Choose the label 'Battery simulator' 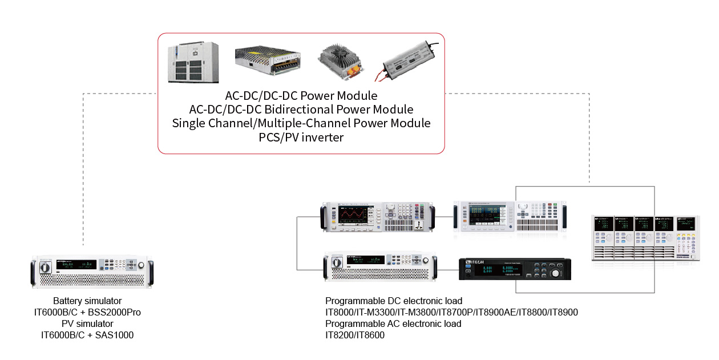click(87, 301)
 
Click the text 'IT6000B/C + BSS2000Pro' click(87, 312)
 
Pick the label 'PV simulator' click(87, 323)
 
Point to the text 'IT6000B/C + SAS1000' click(87, 335)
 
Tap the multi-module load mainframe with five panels click(645, 238)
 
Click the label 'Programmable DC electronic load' click(394, 301)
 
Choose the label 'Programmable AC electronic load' click(393, 323)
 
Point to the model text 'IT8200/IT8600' click(355, 335)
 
